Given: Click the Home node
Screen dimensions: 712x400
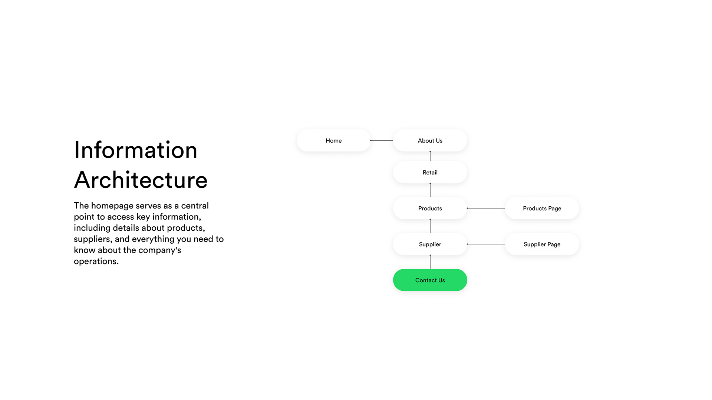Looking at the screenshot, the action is coord(334,140).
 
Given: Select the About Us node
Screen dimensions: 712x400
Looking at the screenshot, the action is coord(430,140).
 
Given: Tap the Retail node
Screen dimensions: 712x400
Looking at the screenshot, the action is coord(430,172).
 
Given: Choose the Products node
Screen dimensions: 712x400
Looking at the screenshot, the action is coord(430,208).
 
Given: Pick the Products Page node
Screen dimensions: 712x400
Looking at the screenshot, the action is coord(542,208).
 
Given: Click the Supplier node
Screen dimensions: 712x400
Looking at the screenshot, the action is coord(430,244).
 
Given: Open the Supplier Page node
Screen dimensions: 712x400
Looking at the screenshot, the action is coord(542,244).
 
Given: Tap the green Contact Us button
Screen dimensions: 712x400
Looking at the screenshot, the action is coord(430,280).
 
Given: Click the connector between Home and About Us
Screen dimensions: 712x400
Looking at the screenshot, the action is coord(382,140).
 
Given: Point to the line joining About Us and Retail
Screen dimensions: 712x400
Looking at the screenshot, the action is coord(430,156).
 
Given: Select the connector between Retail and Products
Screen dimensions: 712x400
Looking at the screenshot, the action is coord(430,190).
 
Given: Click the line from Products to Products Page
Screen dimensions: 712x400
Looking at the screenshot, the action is coord(486,208).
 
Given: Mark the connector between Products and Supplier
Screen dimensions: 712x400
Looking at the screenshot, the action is coord(430,226).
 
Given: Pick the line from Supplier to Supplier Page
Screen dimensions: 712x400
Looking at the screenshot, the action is coord(486,244).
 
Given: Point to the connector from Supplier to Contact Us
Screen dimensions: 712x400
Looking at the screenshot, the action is coord(430,262).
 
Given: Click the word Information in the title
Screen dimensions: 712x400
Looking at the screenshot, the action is coord(136,150).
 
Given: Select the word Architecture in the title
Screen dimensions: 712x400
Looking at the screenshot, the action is coord(141,180).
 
